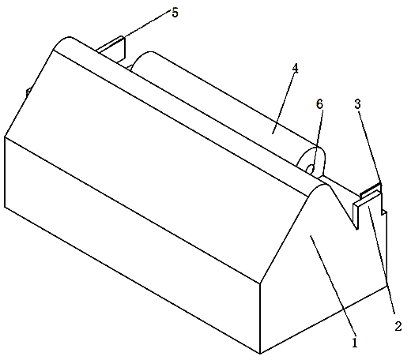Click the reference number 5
[x=175, y=13]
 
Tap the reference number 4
[x=295, y=69]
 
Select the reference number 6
[x=319, y=104]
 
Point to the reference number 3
[x=357, y=104]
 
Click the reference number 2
[x=398, y=326]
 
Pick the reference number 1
[x=355, y=343]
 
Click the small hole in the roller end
[x=311, y=168]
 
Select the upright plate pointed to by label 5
[x=111, y=48]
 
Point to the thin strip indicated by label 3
[x=371, y=190]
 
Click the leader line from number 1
[x=333, y=286]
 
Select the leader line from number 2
[x=381, y=261]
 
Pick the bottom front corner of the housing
[x=260, y=354]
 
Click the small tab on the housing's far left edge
[x=28, y=92]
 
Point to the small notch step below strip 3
[x=384, y=212]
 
